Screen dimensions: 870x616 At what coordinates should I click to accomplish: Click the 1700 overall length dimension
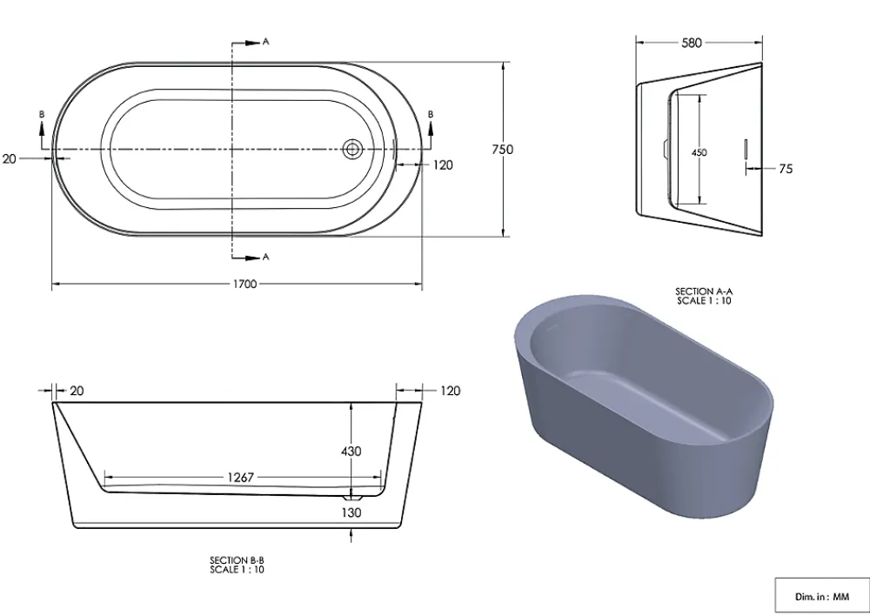244,285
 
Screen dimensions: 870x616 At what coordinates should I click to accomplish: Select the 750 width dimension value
503,150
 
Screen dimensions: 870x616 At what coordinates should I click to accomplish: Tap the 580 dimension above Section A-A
692,43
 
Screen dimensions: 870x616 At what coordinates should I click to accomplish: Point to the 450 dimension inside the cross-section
699,152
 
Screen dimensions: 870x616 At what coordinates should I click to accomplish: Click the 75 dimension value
786,169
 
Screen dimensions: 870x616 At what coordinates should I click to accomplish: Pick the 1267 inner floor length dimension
240,478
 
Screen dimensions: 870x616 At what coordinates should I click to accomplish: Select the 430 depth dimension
351,452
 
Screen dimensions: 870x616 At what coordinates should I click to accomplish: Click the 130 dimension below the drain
351,512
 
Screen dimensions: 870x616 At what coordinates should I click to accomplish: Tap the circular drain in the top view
352,149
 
